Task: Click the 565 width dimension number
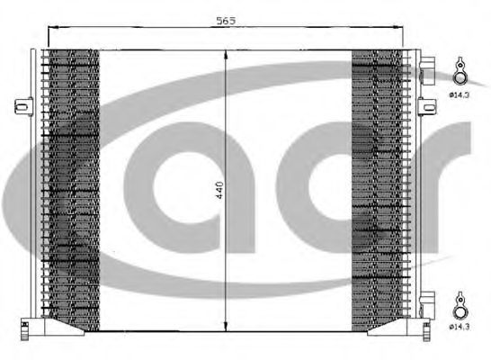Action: coord(226,21)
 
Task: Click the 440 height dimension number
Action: coord(219,190)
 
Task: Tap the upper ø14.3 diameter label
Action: coord(460,94)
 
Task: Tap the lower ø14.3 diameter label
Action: coord(460,327)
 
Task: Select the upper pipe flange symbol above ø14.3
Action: coord(460,71)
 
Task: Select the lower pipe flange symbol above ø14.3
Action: coord(460,305)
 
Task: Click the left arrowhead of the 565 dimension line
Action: coord(53,28)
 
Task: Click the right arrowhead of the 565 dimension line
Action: coord(397,28)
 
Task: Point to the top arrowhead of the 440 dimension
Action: coord(226,56)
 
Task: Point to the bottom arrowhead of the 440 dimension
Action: coord(226,326)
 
